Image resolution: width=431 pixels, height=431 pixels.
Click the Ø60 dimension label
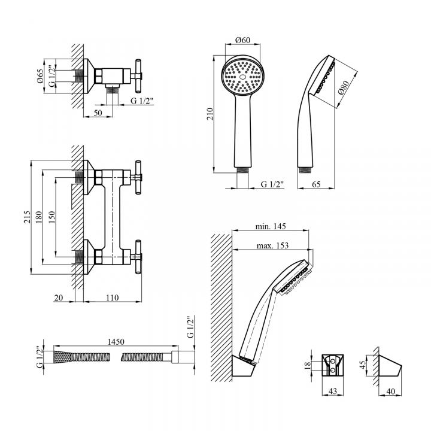(x=243, y=40)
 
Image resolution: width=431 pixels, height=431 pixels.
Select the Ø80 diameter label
(x=344, y=87)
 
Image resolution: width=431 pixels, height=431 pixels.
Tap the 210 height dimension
(x=210, y=114)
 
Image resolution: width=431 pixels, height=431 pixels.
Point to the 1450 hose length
(x=116, y=342)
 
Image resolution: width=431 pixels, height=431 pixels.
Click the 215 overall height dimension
(x=27, y=217)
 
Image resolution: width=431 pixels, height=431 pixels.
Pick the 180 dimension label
(x=38, y=217)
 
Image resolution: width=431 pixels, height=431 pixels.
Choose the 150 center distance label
(x=51, y=217)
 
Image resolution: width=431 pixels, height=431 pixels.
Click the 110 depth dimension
(x=112, y=298)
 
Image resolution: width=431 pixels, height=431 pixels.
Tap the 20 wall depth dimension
(x=59, y=298)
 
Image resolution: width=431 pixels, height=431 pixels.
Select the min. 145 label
(x=271, y=226)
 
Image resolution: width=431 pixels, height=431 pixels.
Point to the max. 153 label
(x=272, y=245)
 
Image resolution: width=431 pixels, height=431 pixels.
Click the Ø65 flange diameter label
(x=40, y=76)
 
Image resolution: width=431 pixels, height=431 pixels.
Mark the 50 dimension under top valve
(x=98, y=113)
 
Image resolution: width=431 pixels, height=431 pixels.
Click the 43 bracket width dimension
(x=333, y=391)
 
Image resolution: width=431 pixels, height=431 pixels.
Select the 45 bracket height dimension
(x=363, y=365)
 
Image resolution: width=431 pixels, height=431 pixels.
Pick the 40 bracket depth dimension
(x=390, y=391)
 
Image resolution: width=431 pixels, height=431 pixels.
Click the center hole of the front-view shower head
(x=242, y=77)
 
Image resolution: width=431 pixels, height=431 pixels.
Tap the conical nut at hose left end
(x=62, y=357)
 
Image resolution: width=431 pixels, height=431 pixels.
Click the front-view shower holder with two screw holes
(x=333, y=365)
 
